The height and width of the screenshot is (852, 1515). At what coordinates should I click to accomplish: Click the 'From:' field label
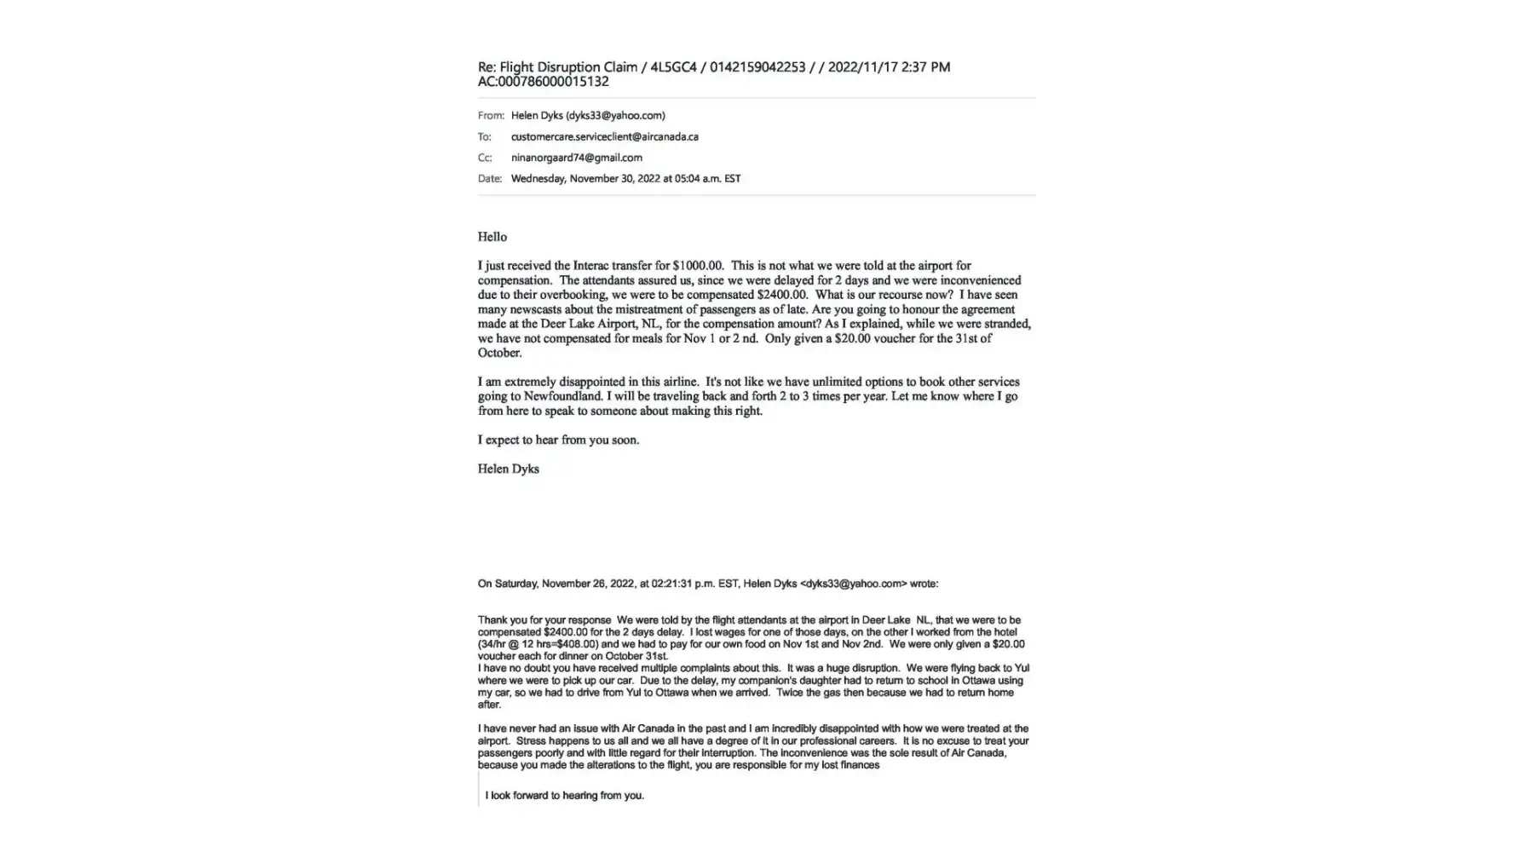[x=490, y=115]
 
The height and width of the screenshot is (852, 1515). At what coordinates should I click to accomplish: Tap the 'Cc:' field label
[x=484, y=158]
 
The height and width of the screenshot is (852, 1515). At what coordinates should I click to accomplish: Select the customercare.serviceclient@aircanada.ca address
[x=604, y=136]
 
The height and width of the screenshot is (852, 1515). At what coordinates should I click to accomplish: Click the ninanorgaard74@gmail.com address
[x=576, y=158]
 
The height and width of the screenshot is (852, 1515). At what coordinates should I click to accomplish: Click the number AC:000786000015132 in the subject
[x=543, y=82]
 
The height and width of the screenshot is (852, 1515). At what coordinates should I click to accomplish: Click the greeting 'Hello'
[x=492, y=237]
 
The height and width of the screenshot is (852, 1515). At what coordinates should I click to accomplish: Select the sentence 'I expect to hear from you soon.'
[x=558, y=440]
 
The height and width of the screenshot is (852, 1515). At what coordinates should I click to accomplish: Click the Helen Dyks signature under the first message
[x=508, y=469]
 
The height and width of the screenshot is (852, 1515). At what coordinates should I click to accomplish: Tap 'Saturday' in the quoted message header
[x=516, y=584]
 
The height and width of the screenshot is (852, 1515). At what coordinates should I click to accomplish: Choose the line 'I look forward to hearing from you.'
[x=564, y=796]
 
